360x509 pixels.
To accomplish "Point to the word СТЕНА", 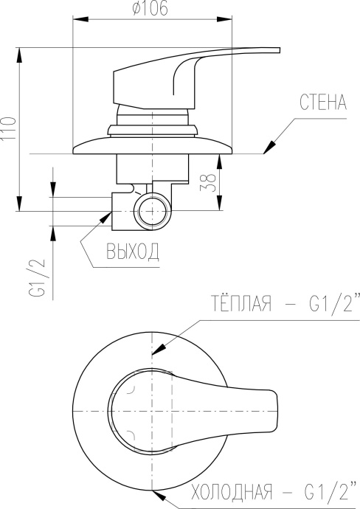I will point(322,103).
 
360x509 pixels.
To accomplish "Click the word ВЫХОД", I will point(133,253).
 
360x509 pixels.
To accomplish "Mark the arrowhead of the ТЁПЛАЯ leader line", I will point(155,353).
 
